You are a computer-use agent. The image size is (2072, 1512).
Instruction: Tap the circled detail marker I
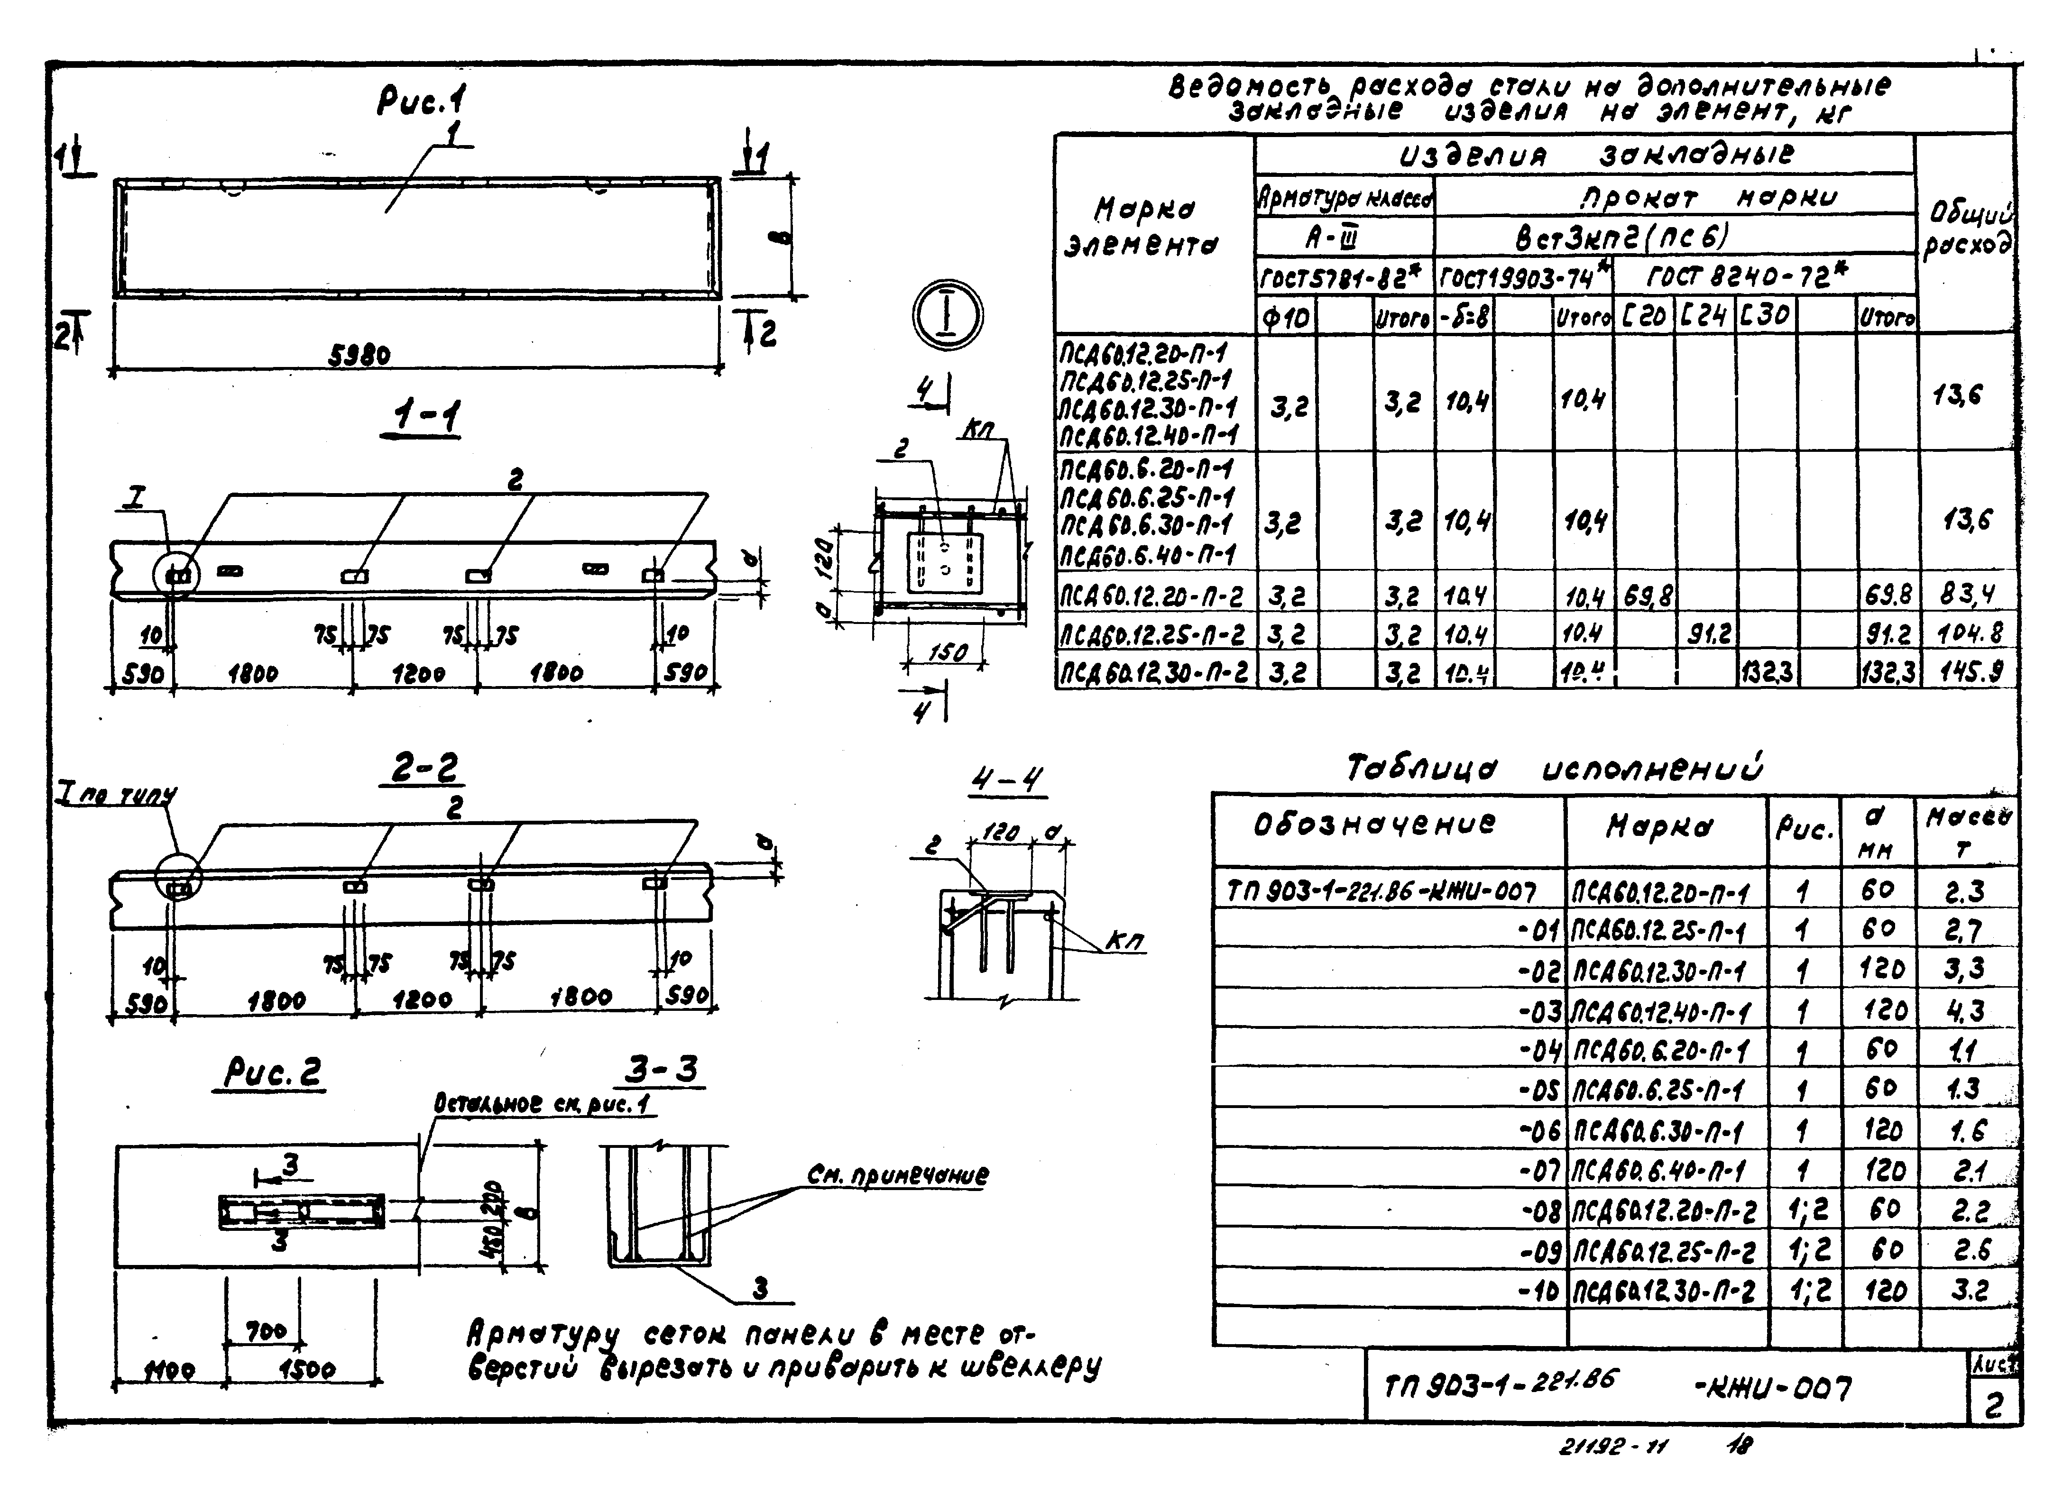947,314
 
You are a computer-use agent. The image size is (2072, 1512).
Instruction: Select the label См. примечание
897,1175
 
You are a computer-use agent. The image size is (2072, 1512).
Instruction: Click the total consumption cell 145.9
1969,673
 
